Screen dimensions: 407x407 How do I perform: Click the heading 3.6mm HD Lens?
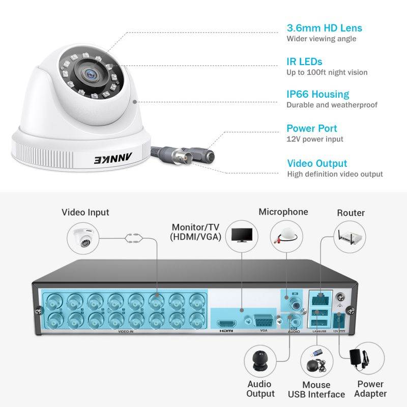tap(324, 28)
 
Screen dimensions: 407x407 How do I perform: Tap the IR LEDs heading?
tap(304, 62)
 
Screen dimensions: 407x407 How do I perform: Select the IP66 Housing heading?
tap(317, 94)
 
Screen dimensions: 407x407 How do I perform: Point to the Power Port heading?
tap(311, 128)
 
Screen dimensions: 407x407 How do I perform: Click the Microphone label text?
tap(283, 212)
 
